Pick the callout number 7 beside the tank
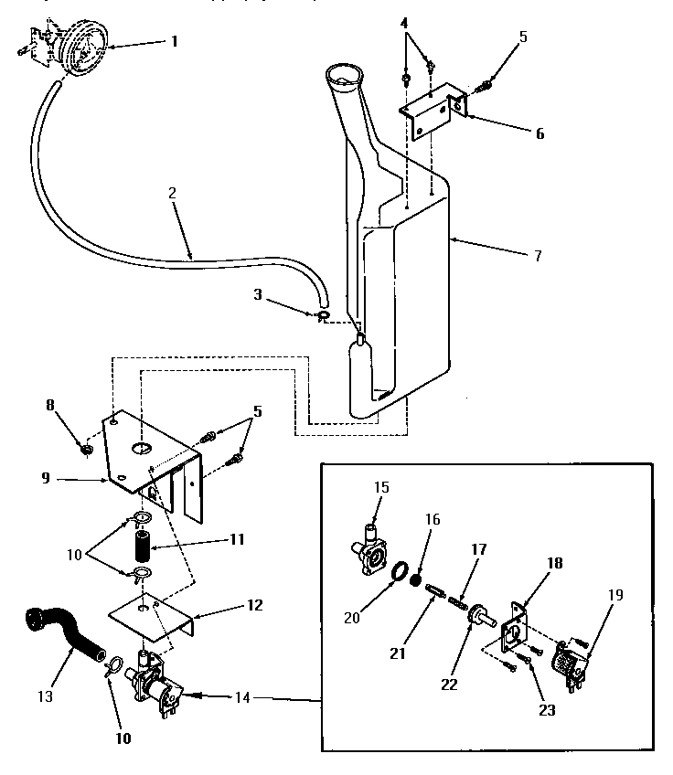click(x=537, y=256)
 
